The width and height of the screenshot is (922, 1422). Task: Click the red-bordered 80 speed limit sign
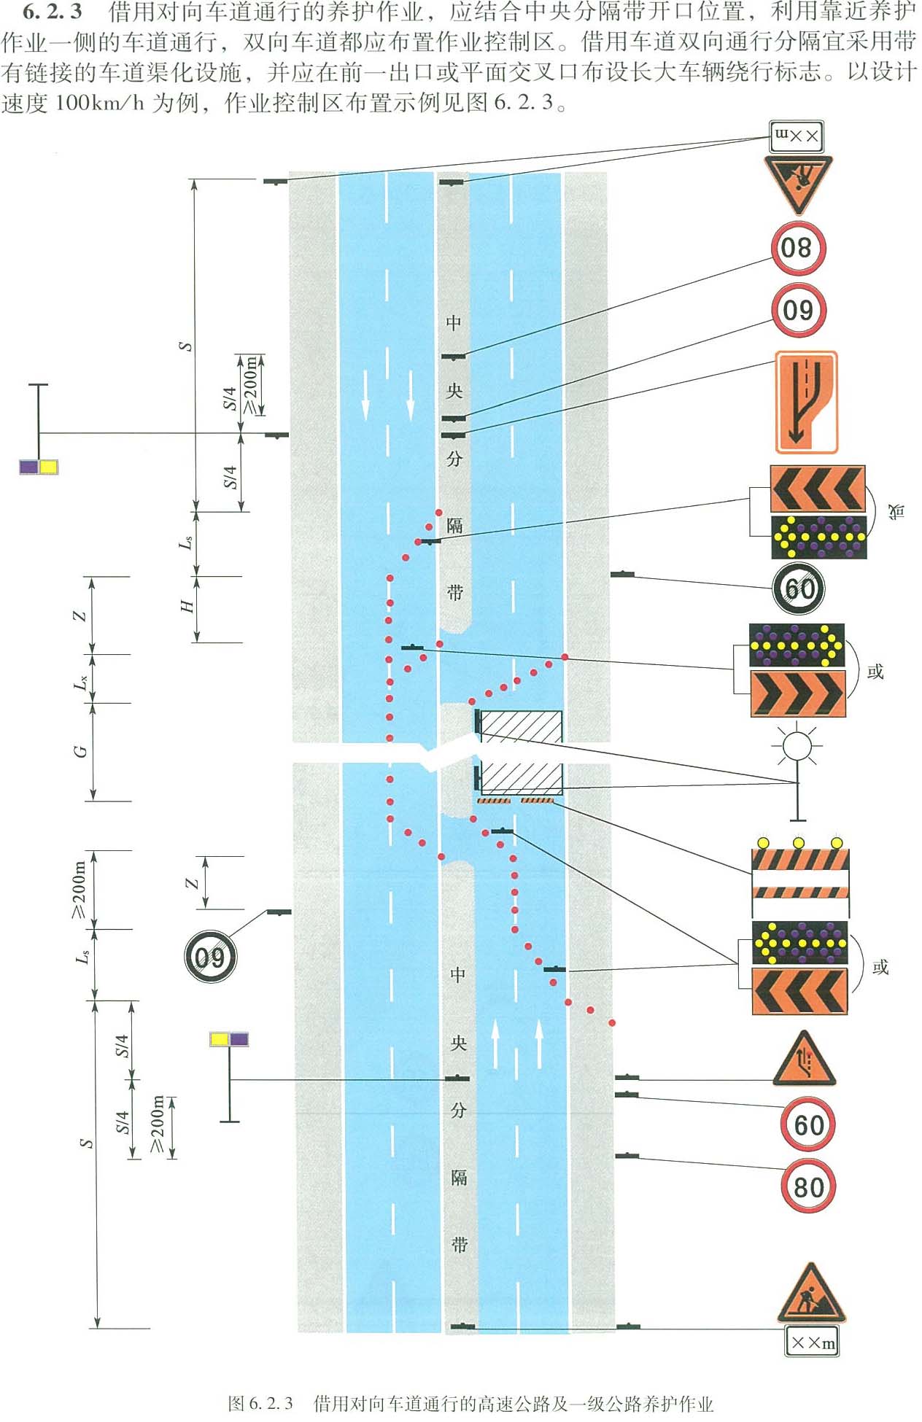pos(808,1186)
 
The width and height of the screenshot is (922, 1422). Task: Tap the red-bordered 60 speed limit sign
pos(808,1124)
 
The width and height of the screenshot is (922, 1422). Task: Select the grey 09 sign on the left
pos(210,956)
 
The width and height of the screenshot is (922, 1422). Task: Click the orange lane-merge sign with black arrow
pos(805,402)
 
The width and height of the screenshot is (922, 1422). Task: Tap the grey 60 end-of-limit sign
pos(799,588)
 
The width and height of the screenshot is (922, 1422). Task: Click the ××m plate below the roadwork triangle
pos(811,1342)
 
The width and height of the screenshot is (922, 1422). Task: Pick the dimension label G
pos(81,751)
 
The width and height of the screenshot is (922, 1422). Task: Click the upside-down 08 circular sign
pos(797,248)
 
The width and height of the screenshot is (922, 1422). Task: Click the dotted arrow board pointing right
pos(797,645)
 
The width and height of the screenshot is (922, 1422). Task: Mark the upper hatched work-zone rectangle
pos(521,726)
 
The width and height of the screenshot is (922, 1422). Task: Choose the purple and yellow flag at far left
pos(38,467)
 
